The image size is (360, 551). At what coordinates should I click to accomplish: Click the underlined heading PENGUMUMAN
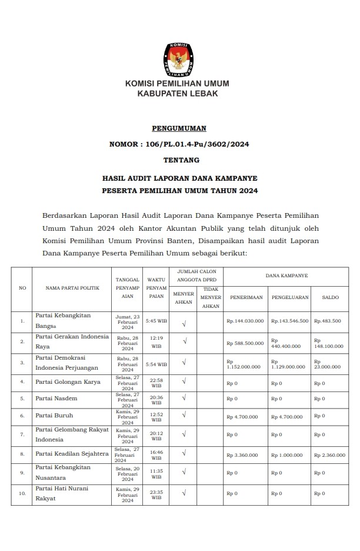coord(179,128)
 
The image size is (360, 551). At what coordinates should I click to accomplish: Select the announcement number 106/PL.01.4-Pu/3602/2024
coord(179,144)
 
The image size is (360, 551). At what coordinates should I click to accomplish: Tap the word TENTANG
coord(179,160)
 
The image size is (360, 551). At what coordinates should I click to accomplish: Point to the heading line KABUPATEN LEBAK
coord(177,94)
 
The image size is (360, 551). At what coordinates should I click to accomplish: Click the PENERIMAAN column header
coord(246,298)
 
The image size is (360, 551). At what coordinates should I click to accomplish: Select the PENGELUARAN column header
coord(290,298)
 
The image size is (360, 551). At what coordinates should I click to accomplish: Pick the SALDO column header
coord(330,298)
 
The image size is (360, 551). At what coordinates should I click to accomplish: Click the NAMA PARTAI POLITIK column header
coord(72,288)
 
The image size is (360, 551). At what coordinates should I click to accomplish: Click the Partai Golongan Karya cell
coord(68,381)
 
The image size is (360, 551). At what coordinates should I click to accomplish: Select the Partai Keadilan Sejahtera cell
coord(72,453)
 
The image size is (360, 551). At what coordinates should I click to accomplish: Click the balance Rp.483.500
coord(328,321)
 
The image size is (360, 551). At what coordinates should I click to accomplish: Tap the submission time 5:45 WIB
coord(156,321)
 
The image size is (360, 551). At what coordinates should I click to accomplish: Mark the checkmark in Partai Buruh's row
coord(185,416)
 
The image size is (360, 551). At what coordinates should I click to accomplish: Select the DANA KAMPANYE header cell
coord(286,275)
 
